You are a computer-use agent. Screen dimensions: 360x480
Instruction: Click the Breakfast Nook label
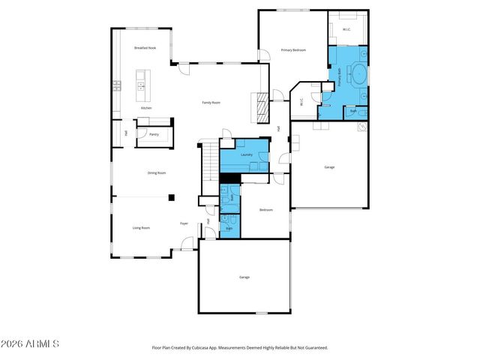(145, 47)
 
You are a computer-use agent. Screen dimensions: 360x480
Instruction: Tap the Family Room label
(211, 102)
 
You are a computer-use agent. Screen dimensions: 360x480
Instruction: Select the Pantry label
(154, 134)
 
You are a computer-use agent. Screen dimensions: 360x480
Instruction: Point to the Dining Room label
(156, 172)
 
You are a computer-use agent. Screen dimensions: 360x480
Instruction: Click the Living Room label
(141, 227)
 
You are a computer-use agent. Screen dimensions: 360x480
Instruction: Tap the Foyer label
(184, 223)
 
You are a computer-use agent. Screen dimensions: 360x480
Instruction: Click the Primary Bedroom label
(293, 49)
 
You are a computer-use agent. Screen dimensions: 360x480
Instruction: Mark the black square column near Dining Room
(172, 198)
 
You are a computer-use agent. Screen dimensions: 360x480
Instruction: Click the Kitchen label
(146, 108)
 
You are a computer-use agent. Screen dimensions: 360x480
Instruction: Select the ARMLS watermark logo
(31, 343)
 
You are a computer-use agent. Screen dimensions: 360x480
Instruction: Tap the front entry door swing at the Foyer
(186, 243)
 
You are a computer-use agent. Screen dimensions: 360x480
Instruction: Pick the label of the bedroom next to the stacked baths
(265, 210)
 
